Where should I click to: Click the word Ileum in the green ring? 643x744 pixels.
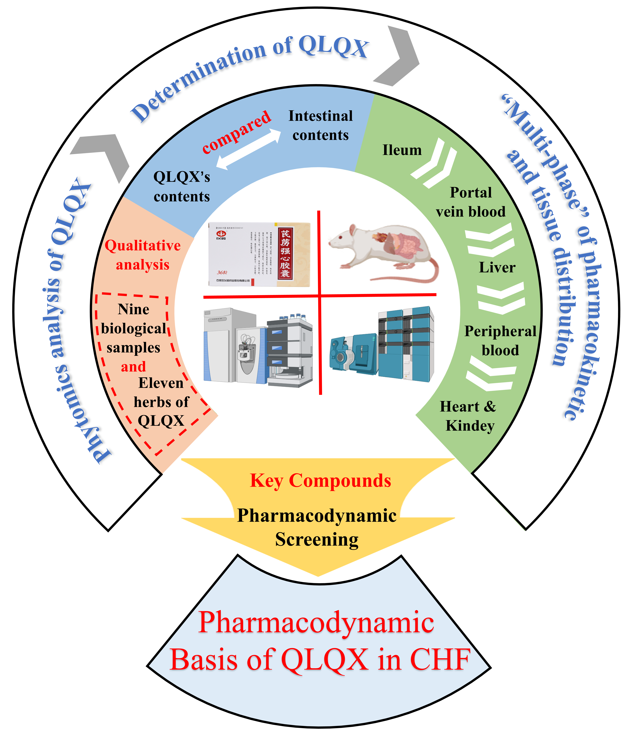click(x=402, y=150)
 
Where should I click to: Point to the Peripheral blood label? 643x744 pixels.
click(x=500, y=340)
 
